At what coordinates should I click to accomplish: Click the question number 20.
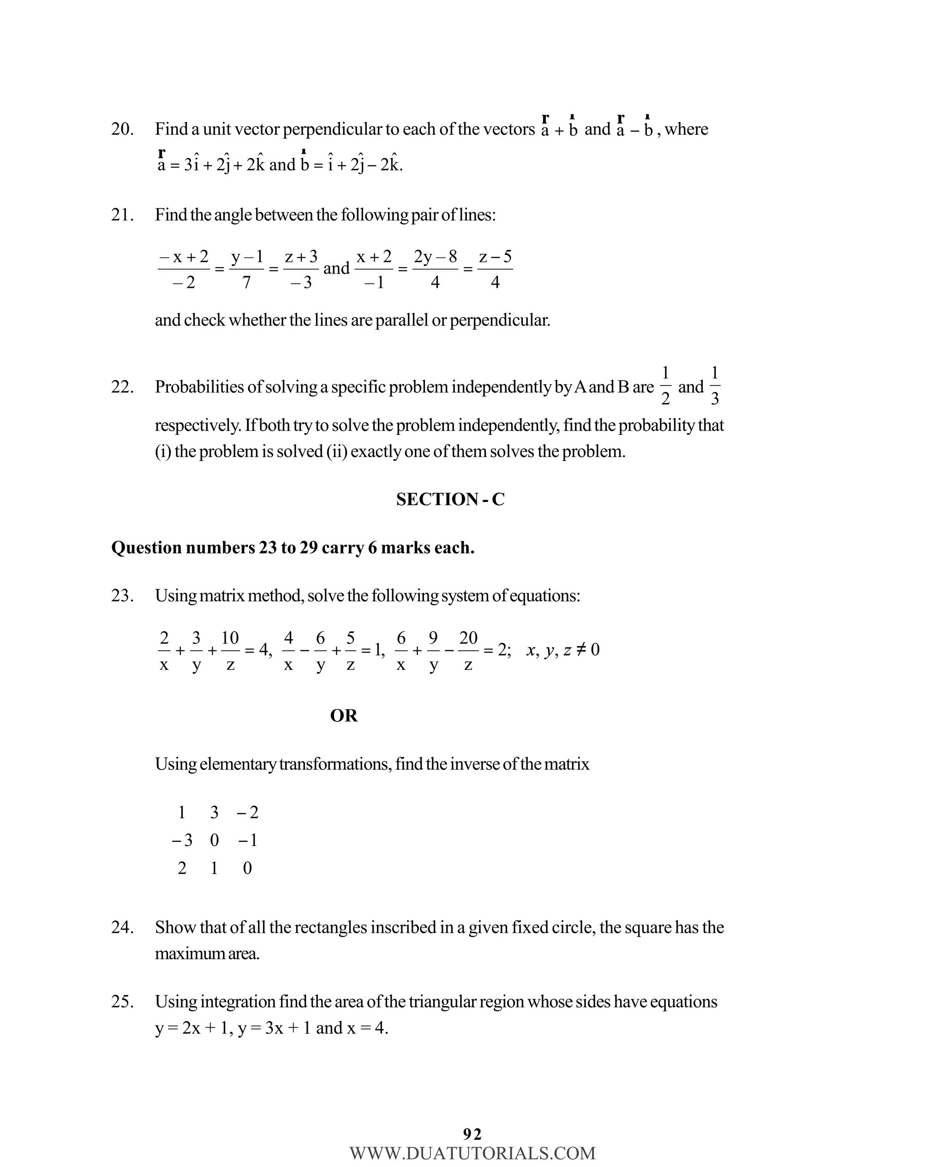122,130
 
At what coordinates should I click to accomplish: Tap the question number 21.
122,215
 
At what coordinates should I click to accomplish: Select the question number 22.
122,387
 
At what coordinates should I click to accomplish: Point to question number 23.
122,596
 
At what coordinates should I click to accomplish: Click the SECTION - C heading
450,500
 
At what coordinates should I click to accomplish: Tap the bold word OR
344,715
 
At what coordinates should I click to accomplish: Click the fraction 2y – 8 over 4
435,269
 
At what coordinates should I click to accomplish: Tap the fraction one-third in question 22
715,386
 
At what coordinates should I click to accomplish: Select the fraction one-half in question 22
665,386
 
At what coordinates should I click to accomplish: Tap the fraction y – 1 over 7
246,269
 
